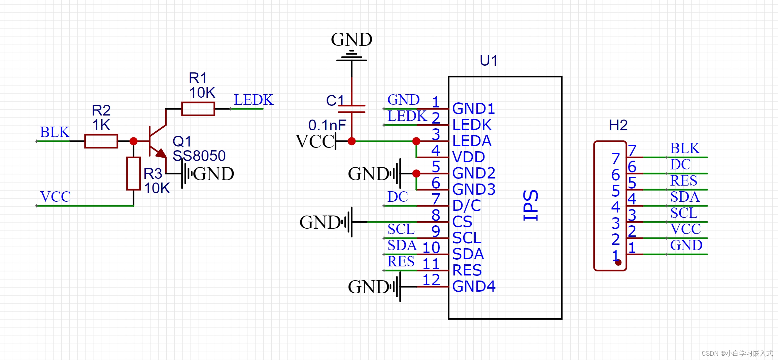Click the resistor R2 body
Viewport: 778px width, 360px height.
tap(101, 141)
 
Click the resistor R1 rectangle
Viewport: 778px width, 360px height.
tap(198, 109)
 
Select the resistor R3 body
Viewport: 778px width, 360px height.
tap(134, 173)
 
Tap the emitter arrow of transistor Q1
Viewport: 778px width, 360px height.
tap(161, 154)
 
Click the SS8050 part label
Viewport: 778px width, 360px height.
tap(199, 156)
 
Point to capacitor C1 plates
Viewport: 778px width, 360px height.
tap(351, 109)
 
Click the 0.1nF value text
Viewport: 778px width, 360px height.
tap(327, 125)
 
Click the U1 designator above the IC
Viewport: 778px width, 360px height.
tap(488, 61)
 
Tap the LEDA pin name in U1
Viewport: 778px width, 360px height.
tap(472, 141)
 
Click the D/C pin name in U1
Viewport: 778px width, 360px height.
tap(467, 206)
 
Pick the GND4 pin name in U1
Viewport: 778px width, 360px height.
tap(474, 287)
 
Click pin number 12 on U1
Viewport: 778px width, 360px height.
tap(431, 280)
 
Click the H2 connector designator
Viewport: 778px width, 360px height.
tap(618, 125)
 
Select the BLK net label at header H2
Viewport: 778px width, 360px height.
tap(685, 149)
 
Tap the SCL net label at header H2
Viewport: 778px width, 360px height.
tap(683, 213)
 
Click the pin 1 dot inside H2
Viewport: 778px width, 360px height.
tap(618, 262)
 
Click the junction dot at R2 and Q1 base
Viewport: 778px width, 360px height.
tap(134, 141)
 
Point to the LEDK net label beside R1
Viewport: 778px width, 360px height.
tap(253, 100)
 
